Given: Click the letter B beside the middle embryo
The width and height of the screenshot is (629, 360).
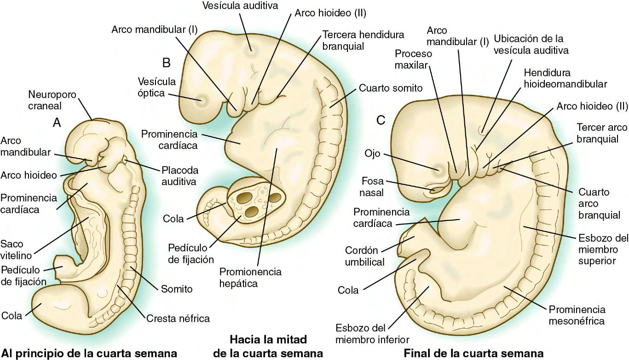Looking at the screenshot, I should (166, 62).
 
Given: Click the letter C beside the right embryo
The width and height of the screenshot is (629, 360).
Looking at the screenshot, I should (381, 120).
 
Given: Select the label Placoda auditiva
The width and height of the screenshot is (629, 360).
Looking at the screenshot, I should (179, 175).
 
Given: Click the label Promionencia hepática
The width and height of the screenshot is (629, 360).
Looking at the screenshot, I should (250, 278).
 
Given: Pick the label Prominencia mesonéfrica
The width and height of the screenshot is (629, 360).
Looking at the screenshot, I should (577, 315).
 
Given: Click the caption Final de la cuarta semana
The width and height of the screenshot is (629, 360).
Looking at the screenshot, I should (473, 354).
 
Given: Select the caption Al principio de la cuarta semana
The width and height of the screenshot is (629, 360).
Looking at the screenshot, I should (89, 354).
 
